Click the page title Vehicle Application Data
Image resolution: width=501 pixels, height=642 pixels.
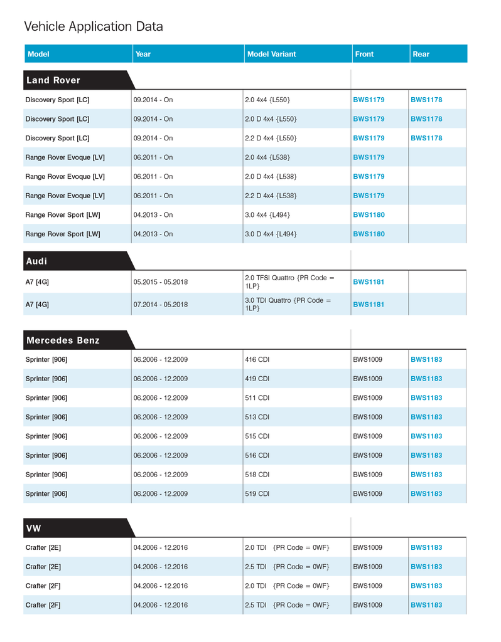tap(94, 26)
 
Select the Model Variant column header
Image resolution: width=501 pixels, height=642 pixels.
tap(271, 54)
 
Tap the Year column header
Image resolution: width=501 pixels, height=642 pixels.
tap(143, 54)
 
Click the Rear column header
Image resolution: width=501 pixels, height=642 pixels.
tap(421, 54)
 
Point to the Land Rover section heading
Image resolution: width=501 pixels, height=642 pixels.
tap(53, 80)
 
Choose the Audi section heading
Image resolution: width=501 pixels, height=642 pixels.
tap(37, 261)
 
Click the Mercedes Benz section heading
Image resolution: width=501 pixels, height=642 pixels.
tap(63, 340)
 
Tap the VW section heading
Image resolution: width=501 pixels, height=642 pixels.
tap(34, 529)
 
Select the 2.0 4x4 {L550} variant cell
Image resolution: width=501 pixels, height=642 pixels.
tap(267, 100)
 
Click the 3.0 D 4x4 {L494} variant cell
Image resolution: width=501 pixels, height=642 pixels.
tap(271, 234)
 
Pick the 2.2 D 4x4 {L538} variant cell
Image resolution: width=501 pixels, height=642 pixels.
tap(271, 196)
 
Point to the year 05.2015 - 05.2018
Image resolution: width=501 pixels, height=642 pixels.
tap(160, 282)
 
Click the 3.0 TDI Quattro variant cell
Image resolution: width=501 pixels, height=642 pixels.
tap(288, 304)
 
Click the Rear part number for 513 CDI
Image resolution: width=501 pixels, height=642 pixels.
tap(426, 417)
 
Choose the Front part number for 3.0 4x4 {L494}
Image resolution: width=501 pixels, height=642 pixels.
tap(369, 215)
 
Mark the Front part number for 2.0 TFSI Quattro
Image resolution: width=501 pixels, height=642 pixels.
tap(369, 282)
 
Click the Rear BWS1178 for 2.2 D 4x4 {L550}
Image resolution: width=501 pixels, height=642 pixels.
tap(426, 138)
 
